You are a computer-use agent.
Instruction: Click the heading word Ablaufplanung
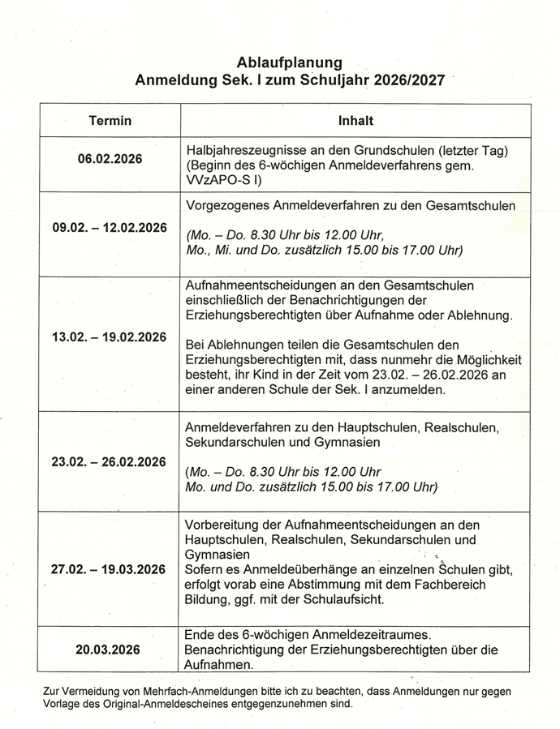[x=289, y=62]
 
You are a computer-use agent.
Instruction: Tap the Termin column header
[x=110, y=121]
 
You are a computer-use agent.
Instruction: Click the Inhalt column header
[x=355, y=121]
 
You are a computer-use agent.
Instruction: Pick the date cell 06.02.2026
[x=110, y=159]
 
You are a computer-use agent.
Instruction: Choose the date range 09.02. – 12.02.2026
[x=110, y=228]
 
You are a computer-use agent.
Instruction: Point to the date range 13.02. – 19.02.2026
[x=110, y=337]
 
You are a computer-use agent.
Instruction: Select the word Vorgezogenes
[x=228, y=206]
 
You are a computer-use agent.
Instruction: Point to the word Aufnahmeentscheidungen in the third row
[x=261, y=285]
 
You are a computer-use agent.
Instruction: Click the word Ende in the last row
[x=201, y=634]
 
